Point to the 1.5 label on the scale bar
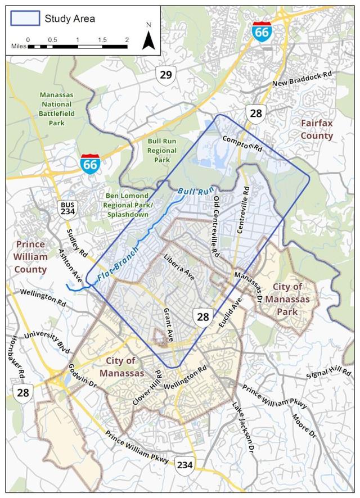(102, 39)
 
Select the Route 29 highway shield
(166, 75)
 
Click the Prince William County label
(31, 257)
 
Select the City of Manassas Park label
(289, 293)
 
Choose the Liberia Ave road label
(179, 268)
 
